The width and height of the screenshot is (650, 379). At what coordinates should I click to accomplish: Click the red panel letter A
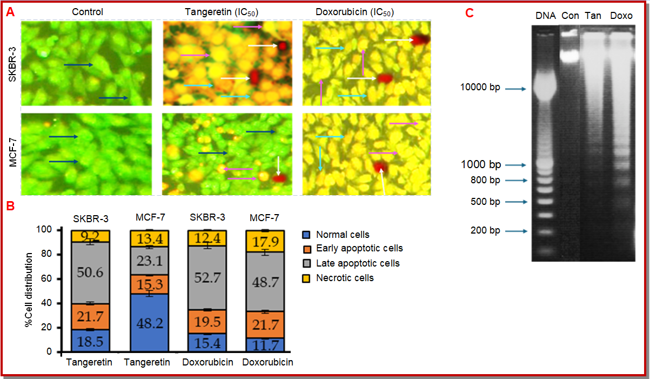click(10, 12)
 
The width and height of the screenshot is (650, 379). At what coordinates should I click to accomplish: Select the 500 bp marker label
click(485, 202)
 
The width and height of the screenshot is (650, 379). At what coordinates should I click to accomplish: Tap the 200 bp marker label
click(485, 231)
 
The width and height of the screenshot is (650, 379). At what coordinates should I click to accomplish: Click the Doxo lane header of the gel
click(621, 16)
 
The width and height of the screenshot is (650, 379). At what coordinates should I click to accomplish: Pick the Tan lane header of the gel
click(593, 16)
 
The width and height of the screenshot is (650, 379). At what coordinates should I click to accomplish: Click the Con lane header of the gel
click(570, 16)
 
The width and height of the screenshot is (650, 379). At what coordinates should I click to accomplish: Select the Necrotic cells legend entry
click(345, 278)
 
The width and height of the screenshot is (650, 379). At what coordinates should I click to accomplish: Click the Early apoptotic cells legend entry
click(359, 248)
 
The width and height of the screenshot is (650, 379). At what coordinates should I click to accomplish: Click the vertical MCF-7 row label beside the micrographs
click(12, 152)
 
